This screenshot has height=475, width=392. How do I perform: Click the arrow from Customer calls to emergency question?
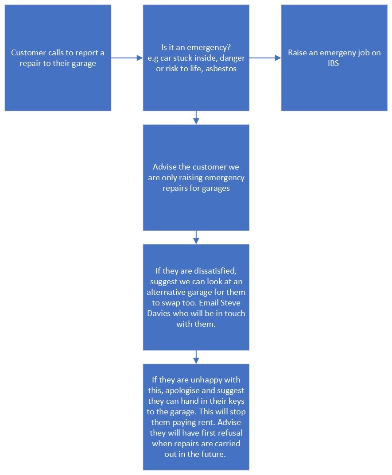pyautogui.click(x=127, y=58)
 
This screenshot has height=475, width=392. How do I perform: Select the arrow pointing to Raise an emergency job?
pyautogui.click(x=265, y=58)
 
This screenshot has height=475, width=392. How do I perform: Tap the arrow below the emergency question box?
pyautogui.click(x=196, y=118)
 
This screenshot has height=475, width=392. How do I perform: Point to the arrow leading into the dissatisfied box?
pyautogui.click(x=196, y=237)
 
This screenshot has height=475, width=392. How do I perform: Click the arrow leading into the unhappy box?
pyautogui.click(x=196, y=357)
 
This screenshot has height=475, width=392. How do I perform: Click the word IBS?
pyautogui.click(x=333, y=63)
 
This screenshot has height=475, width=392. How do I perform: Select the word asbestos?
pyautogui.click(x=221, y=69)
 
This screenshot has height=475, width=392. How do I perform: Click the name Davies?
pyautogui.click(x=159, y=313)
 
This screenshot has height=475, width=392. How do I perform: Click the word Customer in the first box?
pyautogui.click(x=28, y=53)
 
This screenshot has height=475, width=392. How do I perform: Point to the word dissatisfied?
pyautogui.click(x=215, y=270)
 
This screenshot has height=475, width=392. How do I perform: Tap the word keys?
pyautogui.click(x=237, y=401)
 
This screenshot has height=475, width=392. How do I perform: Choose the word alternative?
pyautogui.click(x=166, y=292)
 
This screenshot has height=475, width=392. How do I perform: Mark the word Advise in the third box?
pyautogui.click(x=164, y=167)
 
